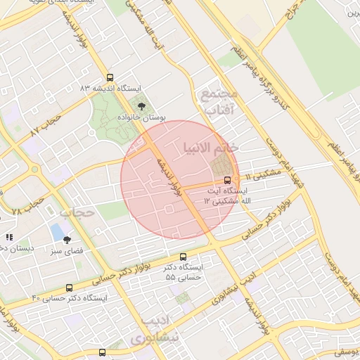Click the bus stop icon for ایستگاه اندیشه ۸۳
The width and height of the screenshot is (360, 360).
[x=109, y=78]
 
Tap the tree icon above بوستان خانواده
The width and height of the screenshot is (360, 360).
[x=143, y=107]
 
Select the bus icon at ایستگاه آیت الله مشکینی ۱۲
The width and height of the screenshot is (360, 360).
[x=226, y=179]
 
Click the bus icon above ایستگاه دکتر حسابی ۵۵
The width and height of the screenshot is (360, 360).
[x=184, y=257]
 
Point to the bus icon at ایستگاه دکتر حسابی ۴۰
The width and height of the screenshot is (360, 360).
[x=69, y=288]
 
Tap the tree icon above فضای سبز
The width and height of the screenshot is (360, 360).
[x=67, y=239]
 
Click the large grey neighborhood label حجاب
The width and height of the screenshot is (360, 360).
[x=76, y=211]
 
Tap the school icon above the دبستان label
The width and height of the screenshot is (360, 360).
[x=9, y=238]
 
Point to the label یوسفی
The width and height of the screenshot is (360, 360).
[x=345, y=350]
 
